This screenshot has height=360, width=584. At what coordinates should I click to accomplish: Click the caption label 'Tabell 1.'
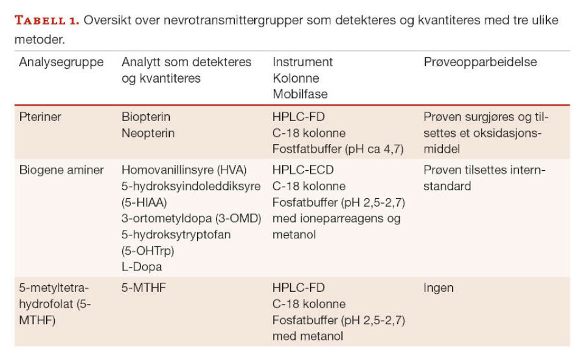[x=47, y=20]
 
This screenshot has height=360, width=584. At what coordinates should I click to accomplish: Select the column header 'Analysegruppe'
[x=61, y=63]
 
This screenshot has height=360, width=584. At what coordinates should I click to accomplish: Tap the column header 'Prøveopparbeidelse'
[x=480, y=63]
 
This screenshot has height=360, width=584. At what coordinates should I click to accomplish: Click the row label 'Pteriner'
[x=40, y=117]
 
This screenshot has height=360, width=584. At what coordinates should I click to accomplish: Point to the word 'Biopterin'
[x=146, y=117]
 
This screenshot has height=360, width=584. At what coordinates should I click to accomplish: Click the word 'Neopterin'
[x=148, y=133]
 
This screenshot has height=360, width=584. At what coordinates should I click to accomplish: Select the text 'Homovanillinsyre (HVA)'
[x=183, y=170]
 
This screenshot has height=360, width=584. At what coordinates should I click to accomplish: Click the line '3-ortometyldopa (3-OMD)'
[x=191, y=218]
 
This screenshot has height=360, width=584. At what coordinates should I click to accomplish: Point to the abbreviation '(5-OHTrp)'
[x=148, y=250]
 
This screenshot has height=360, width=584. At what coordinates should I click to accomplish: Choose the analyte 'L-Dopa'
[x=142, y=266]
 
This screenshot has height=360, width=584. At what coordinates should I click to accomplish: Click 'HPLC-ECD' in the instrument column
[x=303, y=170]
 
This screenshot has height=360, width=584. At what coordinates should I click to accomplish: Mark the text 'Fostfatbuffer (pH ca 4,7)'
[x=338, y=149]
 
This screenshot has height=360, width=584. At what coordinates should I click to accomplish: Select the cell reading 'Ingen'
[x=439, y=288]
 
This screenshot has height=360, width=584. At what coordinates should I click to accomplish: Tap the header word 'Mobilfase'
[x=300, y=94]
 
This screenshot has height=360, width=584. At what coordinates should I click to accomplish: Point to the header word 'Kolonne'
[x=296, y=78]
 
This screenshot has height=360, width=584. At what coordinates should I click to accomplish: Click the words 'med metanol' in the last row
[x=308, y=336]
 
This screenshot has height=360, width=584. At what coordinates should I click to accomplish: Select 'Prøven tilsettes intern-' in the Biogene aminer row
[x=485, y=170]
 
